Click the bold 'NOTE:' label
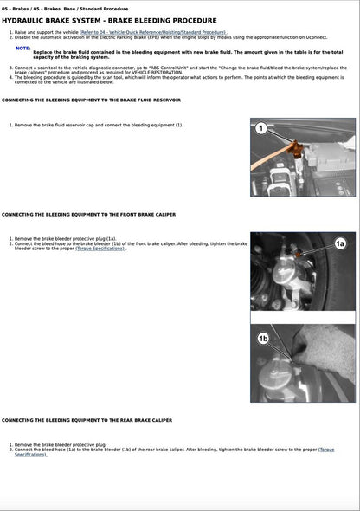(x=23, y=49)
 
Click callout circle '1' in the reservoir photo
(x=260, y=129)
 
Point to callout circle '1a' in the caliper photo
(x=340, y=244)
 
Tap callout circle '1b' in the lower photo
(x=263, y=339)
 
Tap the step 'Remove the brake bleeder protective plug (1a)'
(x=69, y=238)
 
